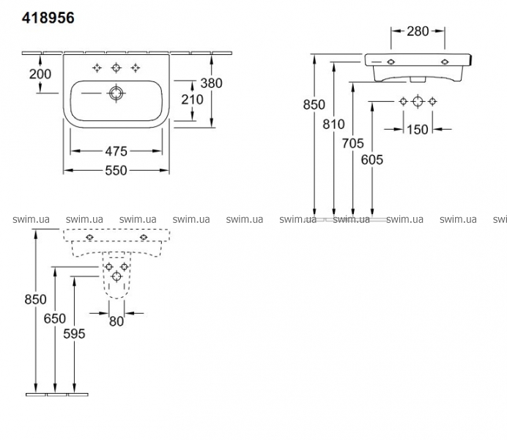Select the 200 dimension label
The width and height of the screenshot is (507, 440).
40,74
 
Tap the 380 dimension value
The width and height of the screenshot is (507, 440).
211,84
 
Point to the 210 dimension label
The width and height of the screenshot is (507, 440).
192,100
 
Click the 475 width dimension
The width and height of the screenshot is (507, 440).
116,151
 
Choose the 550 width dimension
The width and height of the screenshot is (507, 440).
116,170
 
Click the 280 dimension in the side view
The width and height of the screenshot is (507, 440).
416,31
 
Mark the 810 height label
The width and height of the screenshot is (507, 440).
333,125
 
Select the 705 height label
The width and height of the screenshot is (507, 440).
352,144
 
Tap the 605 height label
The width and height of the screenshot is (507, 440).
371,160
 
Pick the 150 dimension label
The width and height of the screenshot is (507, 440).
416,130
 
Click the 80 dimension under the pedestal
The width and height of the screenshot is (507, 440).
116,320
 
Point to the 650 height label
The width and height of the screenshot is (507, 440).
55,318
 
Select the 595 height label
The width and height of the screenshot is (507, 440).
74,334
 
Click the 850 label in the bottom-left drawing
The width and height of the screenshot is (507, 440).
35,299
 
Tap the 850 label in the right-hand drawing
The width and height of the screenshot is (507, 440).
314,105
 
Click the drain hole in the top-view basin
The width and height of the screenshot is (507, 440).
115,93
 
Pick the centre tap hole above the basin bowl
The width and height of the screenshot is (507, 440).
115,68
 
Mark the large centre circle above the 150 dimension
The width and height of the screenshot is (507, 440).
417,101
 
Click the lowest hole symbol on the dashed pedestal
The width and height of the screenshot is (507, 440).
117,276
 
